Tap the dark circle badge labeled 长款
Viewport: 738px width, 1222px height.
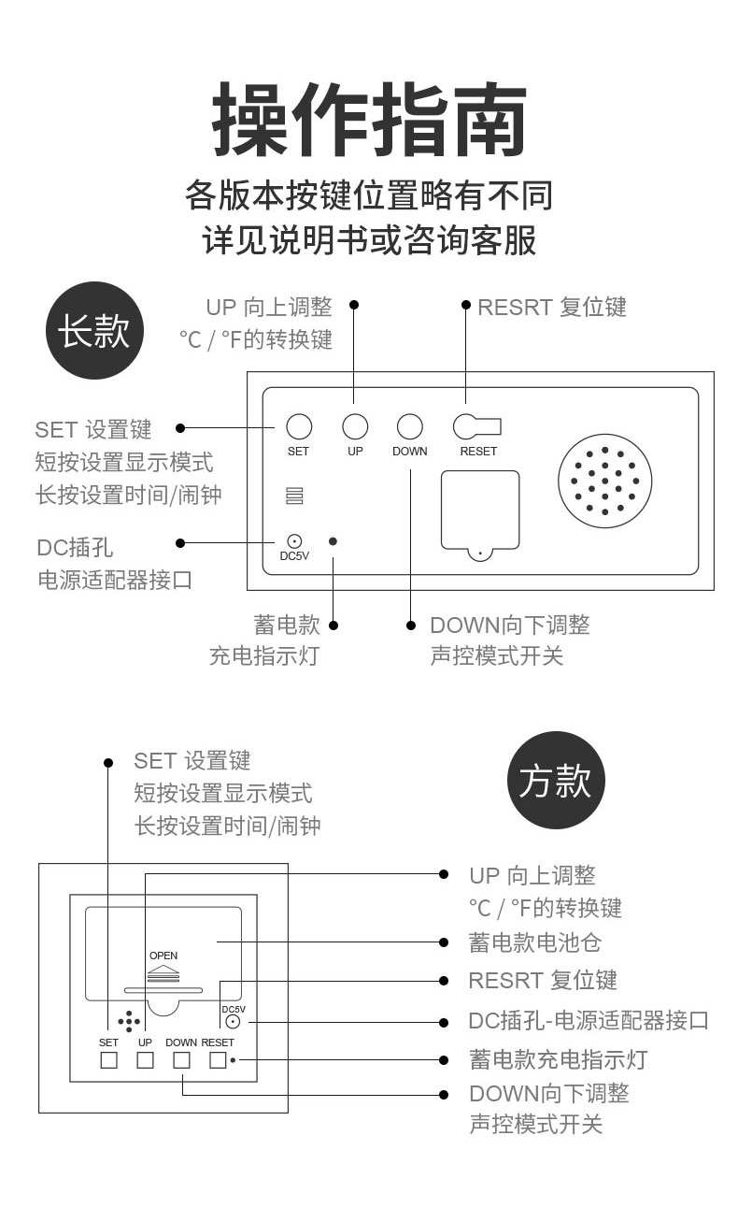[94, 331]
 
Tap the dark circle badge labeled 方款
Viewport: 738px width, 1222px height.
[556, 781]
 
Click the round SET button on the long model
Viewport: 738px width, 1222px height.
[298, 426]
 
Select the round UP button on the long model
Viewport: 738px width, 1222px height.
[355, 426]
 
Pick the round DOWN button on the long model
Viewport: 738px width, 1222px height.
[410, 426]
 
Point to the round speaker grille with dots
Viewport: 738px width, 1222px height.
[605, 481]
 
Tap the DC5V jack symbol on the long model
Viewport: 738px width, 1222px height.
[294, 541]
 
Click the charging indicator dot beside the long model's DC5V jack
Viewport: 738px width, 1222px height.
[334, 541]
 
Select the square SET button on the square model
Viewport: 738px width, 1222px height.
[109, 1060]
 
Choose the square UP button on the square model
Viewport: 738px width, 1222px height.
[145, 1060]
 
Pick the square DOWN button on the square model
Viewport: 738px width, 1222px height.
[182, 1060]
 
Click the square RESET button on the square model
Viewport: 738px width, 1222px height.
[218, 1060]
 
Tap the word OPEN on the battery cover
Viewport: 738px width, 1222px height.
[163, 956]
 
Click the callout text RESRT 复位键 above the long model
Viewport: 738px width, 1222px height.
[552, 308]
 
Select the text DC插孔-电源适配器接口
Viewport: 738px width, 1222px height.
[589, 1020]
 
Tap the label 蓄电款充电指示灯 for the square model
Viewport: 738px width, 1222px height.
[558, 1059]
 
